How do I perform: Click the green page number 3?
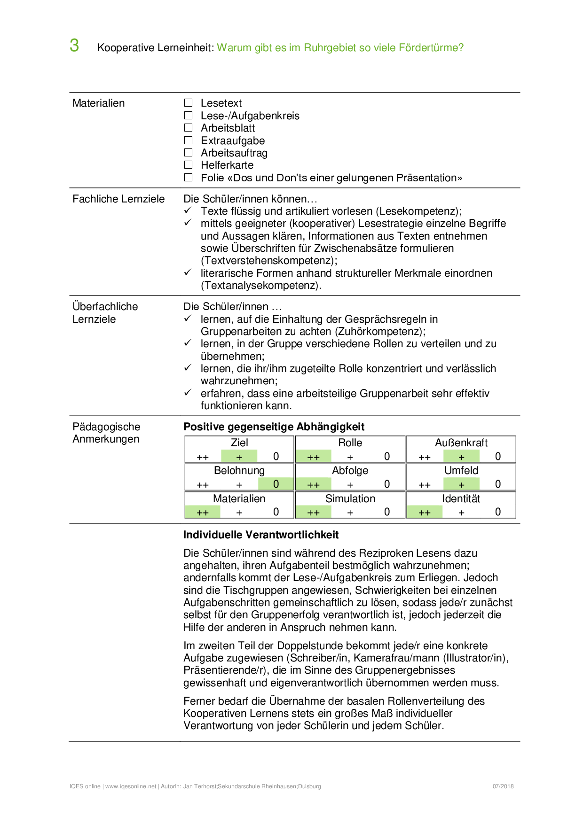tap(74, 46)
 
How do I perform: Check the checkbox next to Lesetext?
tap(189, 103)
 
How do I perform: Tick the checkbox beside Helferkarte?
tap(189, 165)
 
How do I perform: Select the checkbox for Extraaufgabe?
tap(189, 140)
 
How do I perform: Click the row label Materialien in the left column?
tap(99, 103)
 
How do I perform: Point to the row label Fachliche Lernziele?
tap(118, 199)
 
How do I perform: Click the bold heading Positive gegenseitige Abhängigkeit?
tap(274, 427)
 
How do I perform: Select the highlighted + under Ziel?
tap(239, 457)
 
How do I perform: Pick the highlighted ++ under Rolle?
tap(313, 457)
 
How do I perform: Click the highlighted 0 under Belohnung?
tap(276, 484)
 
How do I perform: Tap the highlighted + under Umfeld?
tap(461, 484)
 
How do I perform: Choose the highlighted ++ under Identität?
tap(425, 513)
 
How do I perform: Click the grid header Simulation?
tap(350, 499)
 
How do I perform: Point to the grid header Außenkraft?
tap(461, 443)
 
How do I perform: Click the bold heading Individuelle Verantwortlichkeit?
tap(261, 535)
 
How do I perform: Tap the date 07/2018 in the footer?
tap(503, 786)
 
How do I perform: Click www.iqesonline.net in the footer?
tap(131, 786)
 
